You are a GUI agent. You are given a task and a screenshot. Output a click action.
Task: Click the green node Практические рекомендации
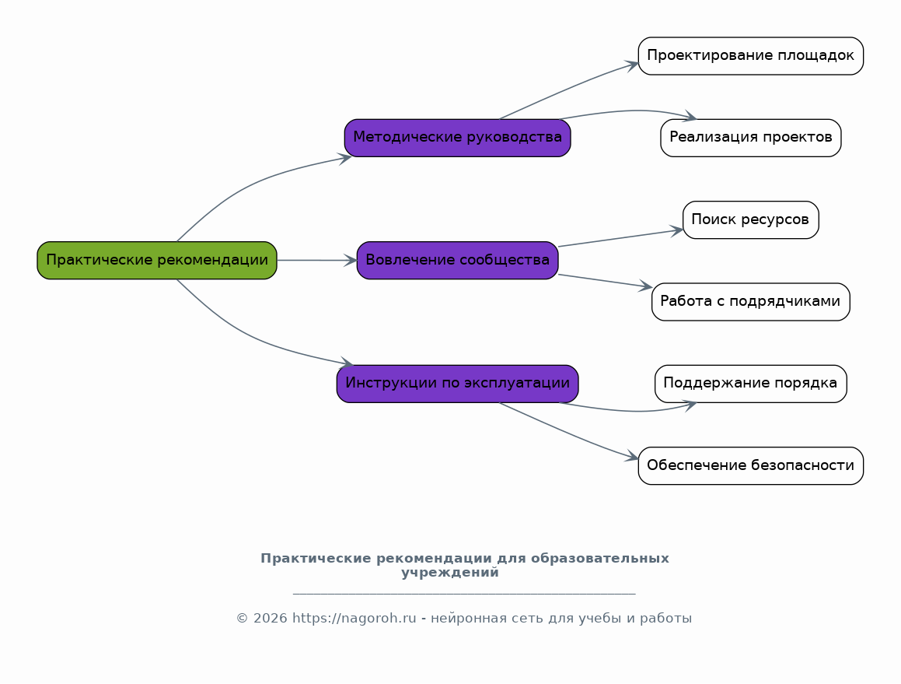157,261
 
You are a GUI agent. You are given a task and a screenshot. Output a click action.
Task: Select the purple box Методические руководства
457,138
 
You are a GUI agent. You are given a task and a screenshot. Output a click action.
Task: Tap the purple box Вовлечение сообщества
457,261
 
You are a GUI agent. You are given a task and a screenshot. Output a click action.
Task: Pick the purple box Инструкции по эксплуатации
457,384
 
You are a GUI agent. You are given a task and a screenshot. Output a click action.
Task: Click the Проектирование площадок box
750,56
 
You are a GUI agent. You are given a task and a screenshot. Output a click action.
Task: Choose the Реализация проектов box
750,138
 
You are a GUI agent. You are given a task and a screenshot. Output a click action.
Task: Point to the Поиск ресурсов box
750,219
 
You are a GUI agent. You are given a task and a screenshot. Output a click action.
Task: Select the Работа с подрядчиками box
750,302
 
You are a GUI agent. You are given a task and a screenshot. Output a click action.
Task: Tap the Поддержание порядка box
750,384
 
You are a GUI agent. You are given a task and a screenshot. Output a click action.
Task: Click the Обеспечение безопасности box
750,466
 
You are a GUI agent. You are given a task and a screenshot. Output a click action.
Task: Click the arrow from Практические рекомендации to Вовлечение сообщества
317,261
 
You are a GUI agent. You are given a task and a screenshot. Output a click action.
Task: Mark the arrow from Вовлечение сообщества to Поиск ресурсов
620,237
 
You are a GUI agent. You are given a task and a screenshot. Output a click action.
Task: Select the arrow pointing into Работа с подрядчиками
605,281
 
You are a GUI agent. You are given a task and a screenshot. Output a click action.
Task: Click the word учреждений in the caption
450,573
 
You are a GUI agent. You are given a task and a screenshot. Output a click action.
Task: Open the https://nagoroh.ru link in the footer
354,619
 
